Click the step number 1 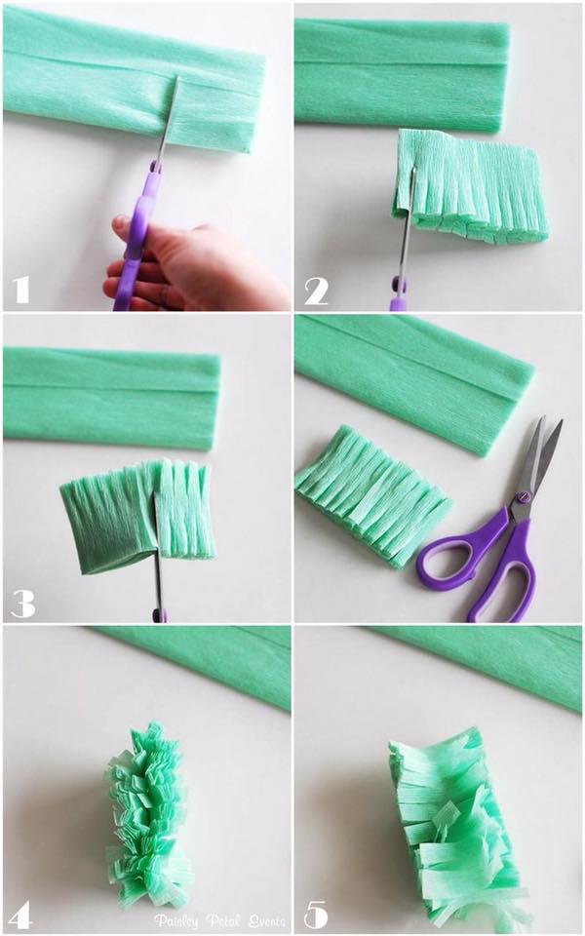click(20, 289)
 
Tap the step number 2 click(316, 289)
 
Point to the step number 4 click(20, 914)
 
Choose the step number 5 click(315, 914)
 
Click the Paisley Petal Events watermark click(218, 919)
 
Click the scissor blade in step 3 click(156, 546)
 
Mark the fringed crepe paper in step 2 click(473, 185)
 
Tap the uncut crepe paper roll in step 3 click(112, 395)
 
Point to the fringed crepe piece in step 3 click(136, 512)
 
